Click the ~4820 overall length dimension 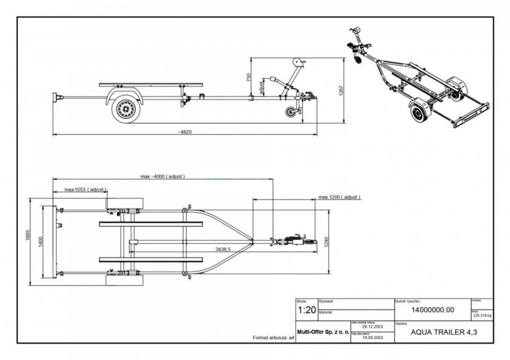click(185, 132)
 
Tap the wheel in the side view click(125, 109)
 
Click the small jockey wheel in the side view click(291, 112)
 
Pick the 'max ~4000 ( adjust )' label click(162, 176)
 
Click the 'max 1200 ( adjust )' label click(339, 197)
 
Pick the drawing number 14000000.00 click(432, 310)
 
